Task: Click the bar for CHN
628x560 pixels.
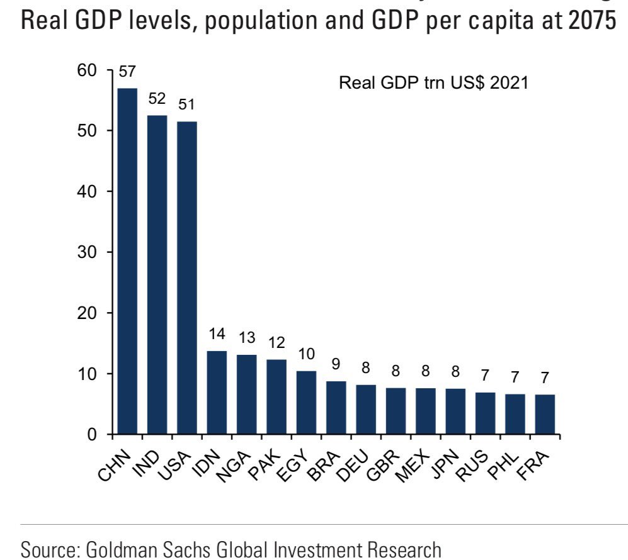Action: coord(127,261)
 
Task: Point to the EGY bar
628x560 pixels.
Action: coord(306,403)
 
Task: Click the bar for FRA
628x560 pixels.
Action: coord(545,415)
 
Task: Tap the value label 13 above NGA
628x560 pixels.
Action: coord(246,337)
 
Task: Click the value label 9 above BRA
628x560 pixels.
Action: coord(336,365)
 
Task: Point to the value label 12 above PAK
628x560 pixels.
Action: coord(277,343)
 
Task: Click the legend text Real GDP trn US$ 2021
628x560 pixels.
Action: coord(433,83)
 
